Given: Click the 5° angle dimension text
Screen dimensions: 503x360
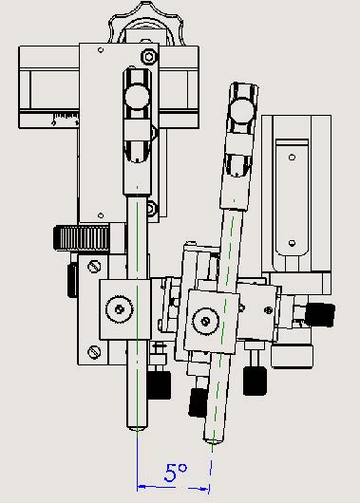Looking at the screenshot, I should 176,471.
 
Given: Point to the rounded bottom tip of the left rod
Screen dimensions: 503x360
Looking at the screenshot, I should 140,426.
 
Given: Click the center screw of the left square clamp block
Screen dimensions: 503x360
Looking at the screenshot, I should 119,307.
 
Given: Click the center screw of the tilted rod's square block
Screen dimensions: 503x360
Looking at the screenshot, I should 204,321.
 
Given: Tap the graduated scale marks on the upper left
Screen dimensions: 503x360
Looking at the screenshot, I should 66,119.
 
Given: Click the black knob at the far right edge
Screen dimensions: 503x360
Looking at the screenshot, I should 323,314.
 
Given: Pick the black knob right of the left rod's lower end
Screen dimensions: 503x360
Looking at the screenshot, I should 159,384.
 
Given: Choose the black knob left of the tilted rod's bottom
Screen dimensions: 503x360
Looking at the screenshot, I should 198,402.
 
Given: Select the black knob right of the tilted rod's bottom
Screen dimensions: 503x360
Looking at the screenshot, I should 254,381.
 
